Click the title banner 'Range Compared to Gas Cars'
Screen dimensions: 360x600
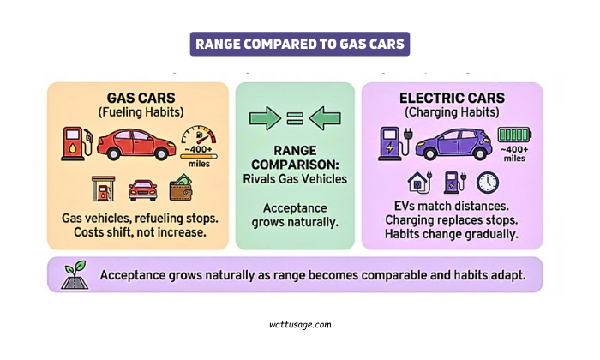(299, 44)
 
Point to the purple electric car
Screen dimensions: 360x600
(452, 143)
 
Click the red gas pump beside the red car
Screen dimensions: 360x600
(74, 144)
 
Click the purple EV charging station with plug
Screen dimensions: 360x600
(391, 143)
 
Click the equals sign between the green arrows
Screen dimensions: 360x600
(294, 120)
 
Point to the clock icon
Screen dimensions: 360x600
(488, 183)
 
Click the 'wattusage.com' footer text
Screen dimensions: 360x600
(299, 325)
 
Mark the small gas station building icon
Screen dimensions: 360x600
(101, 188)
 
